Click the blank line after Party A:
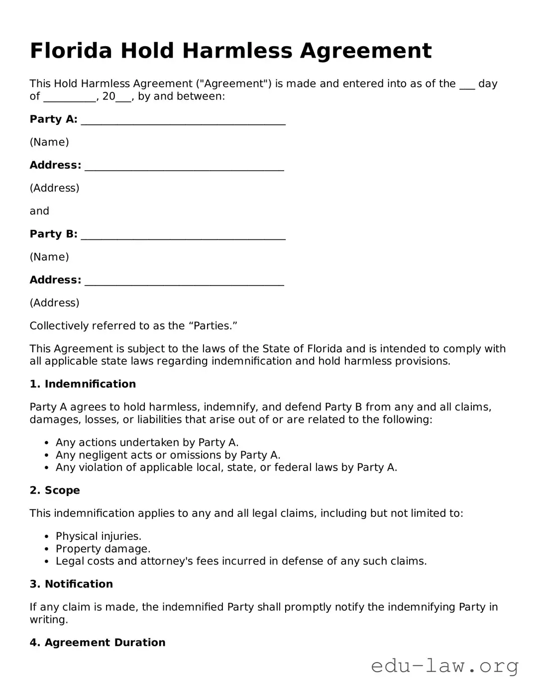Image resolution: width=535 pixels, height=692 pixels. click(183, 121)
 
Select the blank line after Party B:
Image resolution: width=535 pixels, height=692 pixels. click(183, 236)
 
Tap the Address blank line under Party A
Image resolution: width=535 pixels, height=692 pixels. click(184, 167)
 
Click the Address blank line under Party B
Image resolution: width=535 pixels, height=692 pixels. click(184, 282)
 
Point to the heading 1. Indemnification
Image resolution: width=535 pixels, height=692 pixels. click(83, 384)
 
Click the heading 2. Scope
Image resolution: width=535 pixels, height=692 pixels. click(55, 491)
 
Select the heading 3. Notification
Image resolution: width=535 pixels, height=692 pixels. click(71, 584)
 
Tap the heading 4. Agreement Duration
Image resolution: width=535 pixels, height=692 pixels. click(98, 643)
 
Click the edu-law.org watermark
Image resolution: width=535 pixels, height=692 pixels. click(445, 666)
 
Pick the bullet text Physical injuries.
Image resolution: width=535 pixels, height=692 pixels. click(99, 536)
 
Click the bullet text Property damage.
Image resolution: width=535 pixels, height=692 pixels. click(103, 549)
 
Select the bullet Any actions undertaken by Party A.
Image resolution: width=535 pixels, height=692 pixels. click(147, 442)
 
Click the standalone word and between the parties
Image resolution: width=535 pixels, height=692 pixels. click(39, 211)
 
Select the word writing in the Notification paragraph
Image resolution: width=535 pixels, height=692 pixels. click(47, 620)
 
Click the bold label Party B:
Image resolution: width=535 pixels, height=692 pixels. click(53, 234)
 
